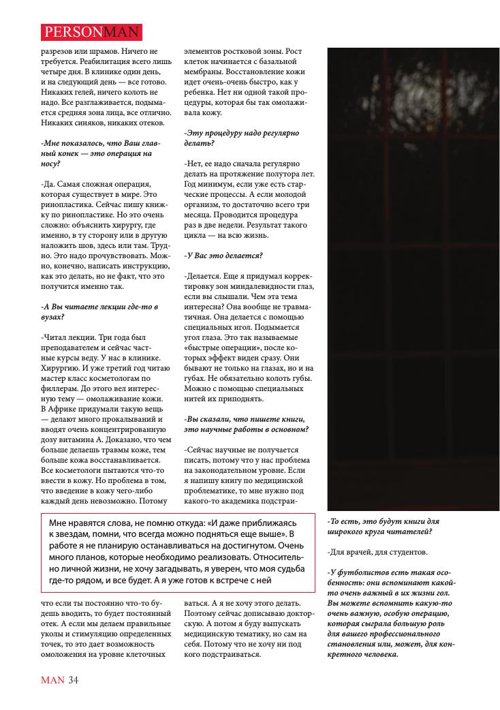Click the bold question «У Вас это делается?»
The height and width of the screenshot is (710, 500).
[x=223, y=256]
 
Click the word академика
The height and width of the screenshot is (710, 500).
[x=238, y=500]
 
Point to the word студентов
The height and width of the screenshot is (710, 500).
[x=403, y=551]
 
